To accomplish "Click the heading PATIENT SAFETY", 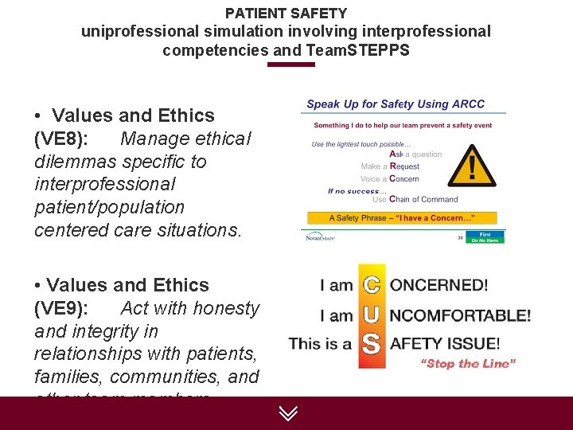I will point(286,13).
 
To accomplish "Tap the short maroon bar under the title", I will point(290,64).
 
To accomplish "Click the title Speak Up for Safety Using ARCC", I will point(396,104).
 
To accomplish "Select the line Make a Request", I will point(390,166).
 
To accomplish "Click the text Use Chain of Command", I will point(415,199).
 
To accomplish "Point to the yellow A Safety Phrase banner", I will point(402,217).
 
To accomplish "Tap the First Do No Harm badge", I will point(485,236).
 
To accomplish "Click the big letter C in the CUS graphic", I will point(371,284).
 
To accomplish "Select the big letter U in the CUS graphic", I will point(371,315).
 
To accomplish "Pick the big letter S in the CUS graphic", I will point(371,345).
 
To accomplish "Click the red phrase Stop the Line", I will point(468,364).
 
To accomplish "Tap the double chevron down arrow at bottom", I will point(288,413).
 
